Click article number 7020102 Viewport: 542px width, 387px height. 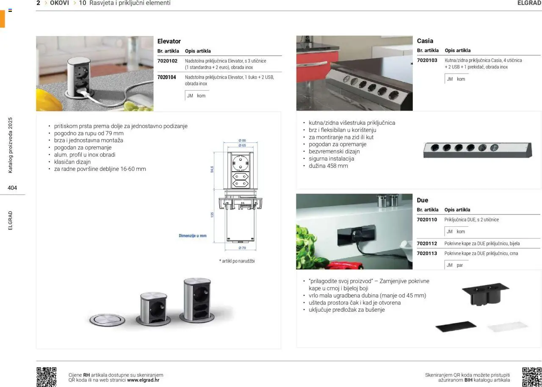(166, 61)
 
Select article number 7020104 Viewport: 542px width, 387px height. (166, 77)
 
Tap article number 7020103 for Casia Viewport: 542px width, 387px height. (427, 60)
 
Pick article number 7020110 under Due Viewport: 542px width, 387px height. (427, 220)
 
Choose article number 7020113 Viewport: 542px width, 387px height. (427, 254)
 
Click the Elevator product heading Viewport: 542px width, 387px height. (169, 41)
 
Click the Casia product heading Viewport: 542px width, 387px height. (425, 41)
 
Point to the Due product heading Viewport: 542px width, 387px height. (423, 200)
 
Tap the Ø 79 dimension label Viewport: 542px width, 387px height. (242, 248)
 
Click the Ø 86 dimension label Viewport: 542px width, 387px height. (242, 140)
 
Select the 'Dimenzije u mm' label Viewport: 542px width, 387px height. (193, 236)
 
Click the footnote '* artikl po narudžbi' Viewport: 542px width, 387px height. (237, 261)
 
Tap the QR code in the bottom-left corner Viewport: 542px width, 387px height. (46, 376)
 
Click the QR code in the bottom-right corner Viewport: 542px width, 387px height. (531, 376)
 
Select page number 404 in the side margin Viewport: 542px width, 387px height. (12, 188)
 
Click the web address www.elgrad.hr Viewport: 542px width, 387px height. (143, 380)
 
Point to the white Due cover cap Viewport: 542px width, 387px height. (507, 327)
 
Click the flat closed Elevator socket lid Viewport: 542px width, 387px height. (106, 319)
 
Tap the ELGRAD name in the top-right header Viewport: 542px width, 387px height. (529, 3)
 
